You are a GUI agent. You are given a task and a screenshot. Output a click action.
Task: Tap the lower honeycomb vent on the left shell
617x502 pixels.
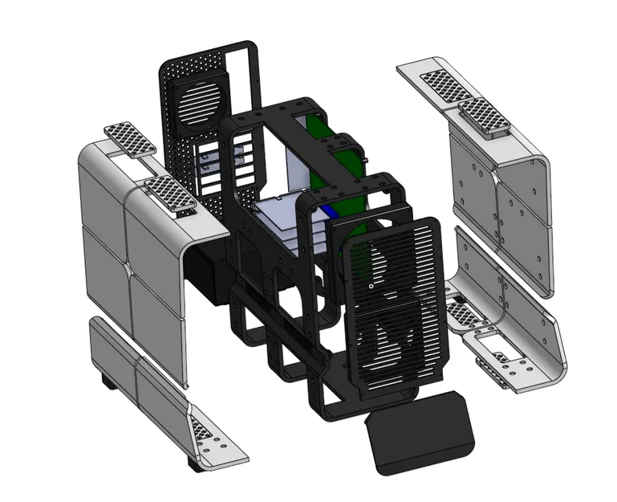pos(170,195)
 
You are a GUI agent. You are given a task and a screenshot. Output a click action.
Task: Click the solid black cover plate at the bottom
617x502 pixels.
pos(420,434)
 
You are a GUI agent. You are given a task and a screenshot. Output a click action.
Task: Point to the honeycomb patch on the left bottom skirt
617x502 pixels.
pos(205,431)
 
